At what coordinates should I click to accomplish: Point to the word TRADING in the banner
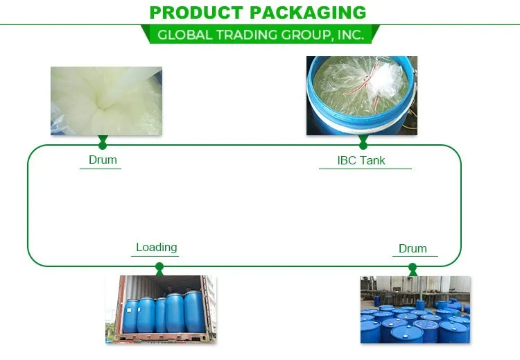(x=243, y=35)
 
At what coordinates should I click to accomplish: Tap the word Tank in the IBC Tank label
(x=372, y=160)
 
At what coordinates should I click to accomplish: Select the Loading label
(x=156, y=247)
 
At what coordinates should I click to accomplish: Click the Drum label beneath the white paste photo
(x=103, y=160)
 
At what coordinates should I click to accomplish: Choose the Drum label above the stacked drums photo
(x=413, y=248)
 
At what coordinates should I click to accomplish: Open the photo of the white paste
(x=106, y=101)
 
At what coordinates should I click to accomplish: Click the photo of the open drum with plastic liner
(x=361, y=96)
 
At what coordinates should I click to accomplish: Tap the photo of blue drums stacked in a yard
(x=415, y=309)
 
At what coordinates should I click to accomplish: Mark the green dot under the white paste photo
(x=103, y=144)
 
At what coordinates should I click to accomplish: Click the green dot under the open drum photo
(x=363, y=144)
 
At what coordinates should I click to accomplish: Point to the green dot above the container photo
(x=159, y=266)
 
